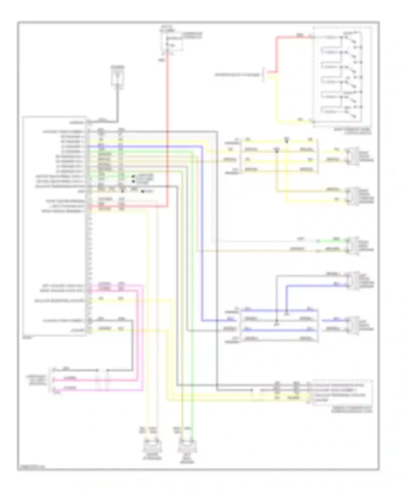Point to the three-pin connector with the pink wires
click(51, 379)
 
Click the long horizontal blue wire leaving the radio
click(145, 146)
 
